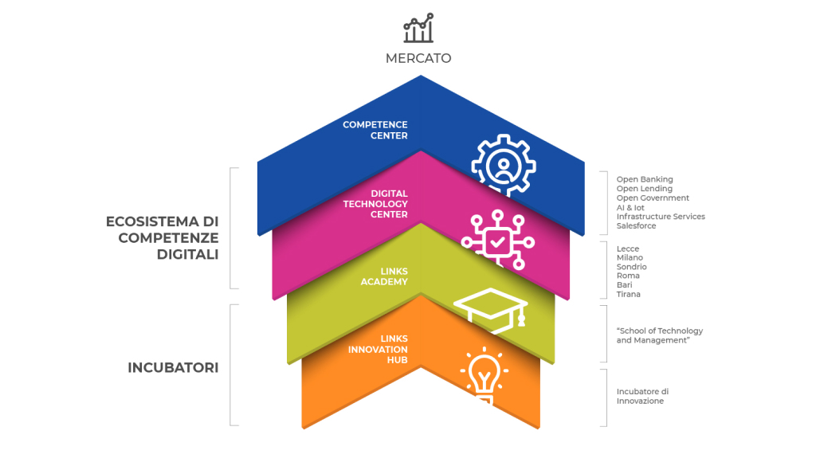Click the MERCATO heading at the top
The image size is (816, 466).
(x=418, y=58)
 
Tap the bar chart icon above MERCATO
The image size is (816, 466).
(x=418, y=28)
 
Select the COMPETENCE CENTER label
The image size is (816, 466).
(x=375, y=130)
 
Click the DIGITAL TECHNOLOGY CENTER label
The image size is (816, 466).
(x=375, y=204)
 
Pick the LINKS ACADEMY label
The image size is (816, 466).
(x=384, y=276)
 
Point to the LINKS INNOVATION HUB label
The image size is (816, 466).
(x=378, y=349)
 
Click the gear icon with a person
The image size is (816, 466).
(x=504, y=166)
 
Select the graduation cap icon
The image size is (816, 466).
(x=491, y=310)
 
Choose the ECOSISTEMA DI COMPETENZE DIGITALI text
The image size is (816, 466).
(x=163, y=237)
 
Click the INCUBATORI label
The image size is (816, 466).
(x=173, y=368)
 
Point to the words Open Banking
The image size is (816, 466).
(x=645, y=179)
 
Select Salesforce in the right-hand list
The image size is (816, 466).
(x=637, y=225)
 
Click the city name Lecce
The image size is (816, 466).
(x=628, y=249)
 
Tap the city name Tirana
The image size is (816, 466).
(x=629, y=295)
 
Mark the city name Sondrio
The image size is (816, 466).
(x=632, y=267)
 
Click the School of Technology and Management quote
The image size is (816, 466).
(x=660, y=335)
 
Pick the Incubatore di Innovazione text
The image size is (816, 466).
(x=643, y=397)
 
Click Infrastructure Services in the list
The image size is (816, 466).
(x=661, y=217)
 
